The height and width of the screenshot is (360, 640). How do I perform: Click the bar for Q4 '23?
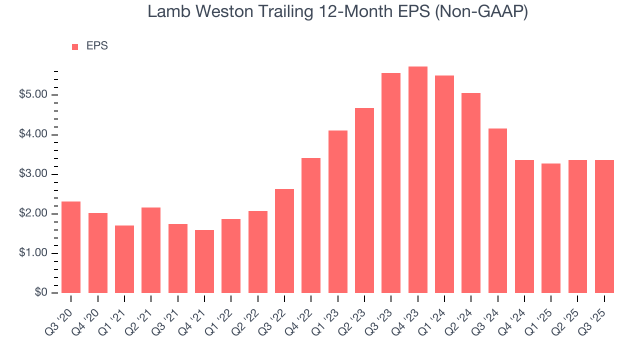417,180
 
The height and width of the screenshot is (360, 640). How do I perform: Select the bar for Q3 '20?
71,247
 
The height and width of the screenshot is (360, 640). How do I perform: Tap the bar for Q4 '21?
204,261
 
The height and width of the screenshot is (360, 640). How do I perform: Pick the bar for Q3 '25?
604,226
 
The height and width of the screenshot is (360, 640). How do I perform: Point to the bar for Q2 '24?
471,193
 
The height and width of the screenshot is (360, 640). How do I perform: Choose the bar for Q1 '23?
337,211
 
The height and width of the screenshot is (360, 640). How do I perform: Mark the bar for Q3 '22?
284,241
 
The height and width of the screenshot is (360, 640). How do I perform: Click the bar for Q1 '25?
550,228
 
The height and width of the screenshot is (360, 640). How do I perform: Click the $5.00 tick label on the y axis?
32,95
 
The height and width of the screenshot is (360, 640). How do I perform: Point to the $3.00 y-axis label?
32,174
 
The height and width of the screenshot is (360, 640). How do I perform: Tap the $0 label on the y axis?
40,293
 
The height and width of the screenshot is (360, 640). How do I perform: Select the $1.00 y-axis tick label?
32,253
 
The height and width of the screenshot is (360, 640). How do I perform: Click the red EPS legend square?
75,46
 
